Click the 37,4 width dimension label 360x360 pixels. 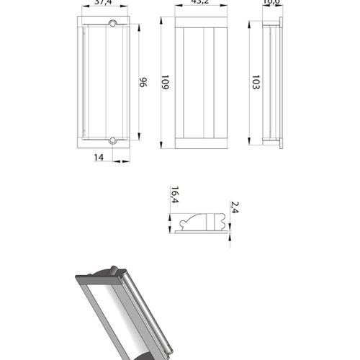(104, 3)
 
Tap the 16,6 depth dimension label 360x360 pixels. (271, 3)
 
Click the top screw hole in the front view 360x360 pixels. (112, 25)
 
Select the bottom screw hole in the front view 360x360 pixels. (112, 139)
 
